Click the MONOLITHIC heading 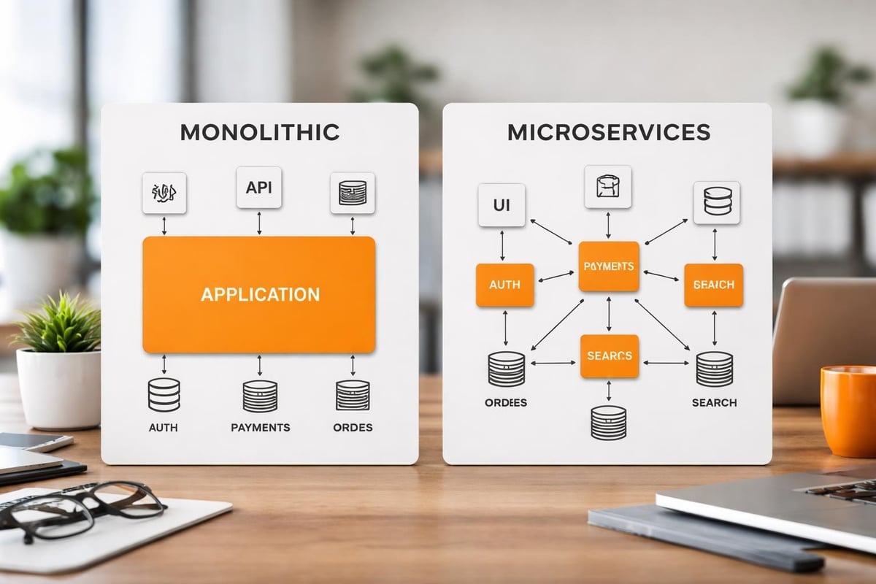pos(259,132)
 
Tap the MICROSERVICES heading pos(608,132)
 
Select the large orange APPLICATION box pos(259,294)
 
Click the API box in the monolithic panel pos(259,188)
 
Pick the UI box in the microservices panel pos(502,205)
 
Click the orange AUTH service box pos(504,285)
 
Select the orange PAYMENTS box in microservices pos(609,267)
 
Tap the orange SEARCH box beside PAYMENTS pos(713,285)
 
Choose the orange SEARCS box pos(609,356)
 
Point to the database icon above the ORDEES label pos(506,369)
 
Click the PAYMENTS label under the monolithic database pos(260,427)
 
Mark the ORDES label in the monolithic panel pos(353,427)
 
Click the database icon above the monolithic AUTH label pos(164,395)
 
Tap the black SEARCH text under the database pos(714,402)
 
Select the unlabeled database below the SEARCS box pos(608,423)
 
